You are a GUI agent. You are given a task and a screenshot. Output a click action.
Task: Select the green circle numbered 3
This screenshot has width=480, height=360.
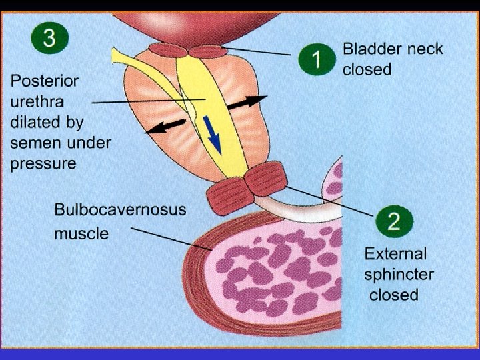coord(49,38)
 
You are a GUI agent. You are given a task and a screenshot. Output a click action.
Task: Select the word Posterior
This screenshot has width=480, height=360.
coord(44,81)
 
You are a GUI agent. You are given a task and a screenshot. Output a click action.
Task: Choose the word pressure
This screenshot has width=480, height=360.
coord(43,163)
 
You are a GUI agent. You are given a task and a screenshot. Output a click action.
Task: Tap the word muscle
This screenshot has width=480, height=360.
coord(81,234)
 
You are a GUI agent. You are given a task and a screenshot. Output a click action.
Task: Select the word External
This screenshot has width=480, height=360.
coord(395,253)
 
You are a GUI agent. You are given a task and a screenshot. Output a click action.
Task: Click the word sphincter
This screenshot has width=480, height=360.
coord(399,274)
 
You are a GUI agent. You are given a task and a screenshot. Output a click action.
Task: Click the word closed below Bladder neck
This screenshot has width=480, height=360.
coord(367,69)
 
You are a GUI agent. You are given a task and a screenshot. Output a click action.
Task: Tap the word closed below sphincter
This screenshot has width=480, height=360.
coord(394,295)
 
